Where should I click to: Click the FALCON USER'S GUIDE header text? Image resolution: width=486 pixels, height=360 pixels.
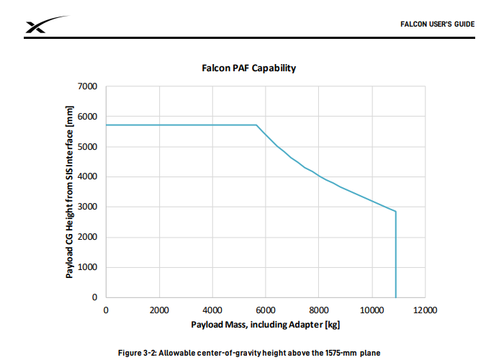pos(437,24)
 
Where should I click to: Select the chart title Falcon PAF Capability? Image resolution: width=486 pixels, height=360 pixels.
pos(248,68)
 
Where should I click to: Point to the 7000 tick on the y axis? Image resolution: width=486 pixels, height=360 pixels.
pos(89,86)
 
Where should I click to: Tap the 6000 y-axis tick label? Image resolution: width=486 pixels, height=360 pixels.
pos(89,117)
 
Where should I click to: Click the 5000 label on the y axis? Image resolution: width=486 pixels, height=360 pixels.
pos(89,147)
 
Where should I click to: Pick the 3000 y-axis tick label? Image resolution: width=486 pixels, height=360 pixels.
pos(89,207)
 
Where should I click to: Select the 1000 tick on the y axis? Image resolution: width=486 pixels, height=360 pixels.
pos(89,267)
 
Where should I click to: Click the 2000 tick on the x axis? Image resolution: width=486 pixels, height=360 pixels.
pos(159,310)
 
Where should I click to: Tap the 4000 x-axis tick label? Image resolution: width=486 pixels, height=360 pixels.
pos(212,310)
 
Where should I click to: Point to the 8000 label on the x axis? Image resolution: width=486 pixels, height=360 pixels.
pos(318,310)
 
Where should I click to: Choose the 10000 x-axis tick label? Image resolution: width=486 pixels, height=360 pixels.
pos(372,310)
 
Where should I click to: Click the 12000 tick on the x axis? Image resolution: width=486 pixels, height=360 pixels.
pos(425,310)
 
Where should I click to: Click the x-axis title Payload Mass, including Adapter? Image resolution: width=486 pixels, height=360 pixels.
pos(265,325)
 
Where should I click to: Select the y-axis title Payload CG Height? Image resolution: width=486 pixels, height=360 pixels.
pos(70,192)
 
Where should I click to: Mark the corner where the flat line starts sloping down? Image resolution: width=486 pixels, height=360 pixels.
pos(256,125)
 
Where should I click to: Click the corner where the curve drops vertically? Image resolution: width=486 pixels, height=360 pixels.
pos(395,212)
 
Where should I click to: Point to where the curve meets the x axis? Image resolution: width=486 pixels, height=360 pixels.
pos(395,297)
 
